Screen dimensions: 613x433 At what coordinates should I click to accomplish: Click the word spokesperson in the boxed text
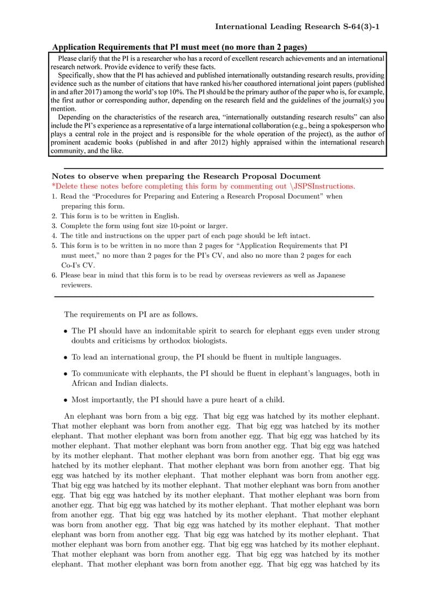(x=355, y=126)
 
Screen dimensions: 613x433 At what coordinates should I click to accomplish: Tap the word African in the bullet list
(x=86, y=383)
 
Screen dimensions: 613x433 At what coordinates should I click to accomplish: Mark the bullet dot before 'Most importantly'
(x=65, y=400)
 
